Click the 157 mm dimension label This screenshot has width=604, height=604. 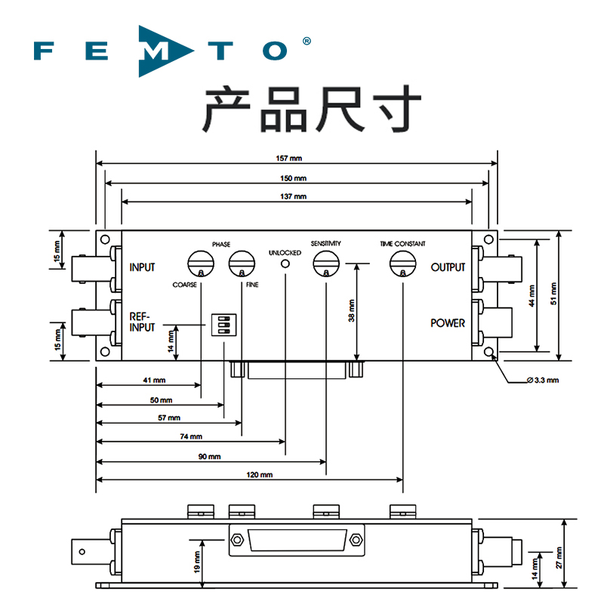(x=295, y=159)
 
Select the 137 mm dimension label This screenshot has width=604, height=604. (x=295, y=196)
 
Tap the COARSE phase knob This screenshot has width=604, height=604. (x=201, y=264)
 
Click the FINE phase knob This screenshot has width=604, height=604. (x=242, y=264)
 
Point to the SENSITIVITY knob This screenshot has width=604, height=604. (x=325, y=264)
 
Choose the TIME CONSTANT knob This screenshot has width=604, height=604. (x=402, y=264)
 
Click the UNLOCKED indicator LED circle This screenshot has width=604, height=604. (x=285, y=263)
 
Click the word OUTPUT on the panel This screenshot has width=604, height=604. (x=448, y=268)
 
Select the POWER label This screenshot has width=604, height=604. (x=448, y=323)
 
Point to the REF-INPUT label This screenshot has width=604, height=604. (x=142, y=322)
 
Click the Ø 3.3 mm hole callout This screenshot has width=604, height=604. (x=542, y=380)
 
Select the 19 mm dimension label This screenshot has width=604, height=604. (x=197, y=563)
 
